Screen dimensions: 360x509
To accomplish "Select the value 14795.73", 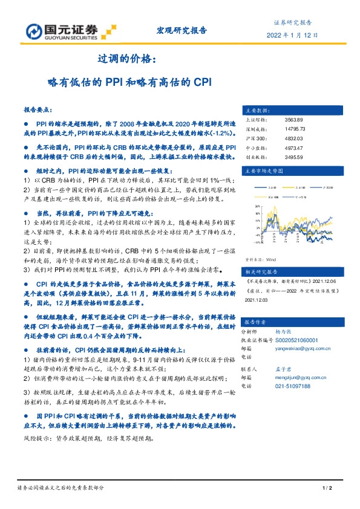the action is point(295,129).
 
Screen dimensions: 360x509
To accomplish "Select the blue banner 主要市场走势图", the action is point(265,172).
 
